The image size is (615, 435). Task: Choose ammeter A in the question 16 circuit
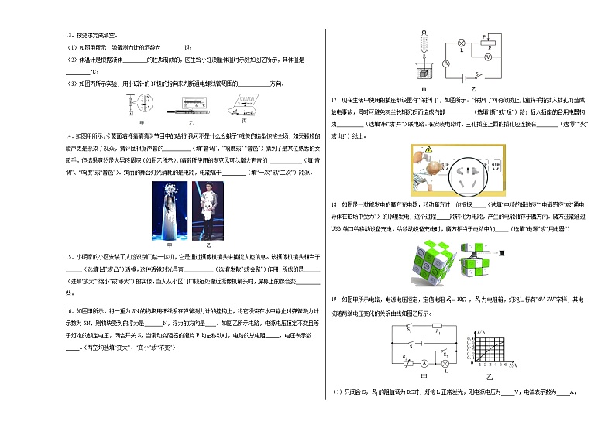[x=446, y=63]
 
